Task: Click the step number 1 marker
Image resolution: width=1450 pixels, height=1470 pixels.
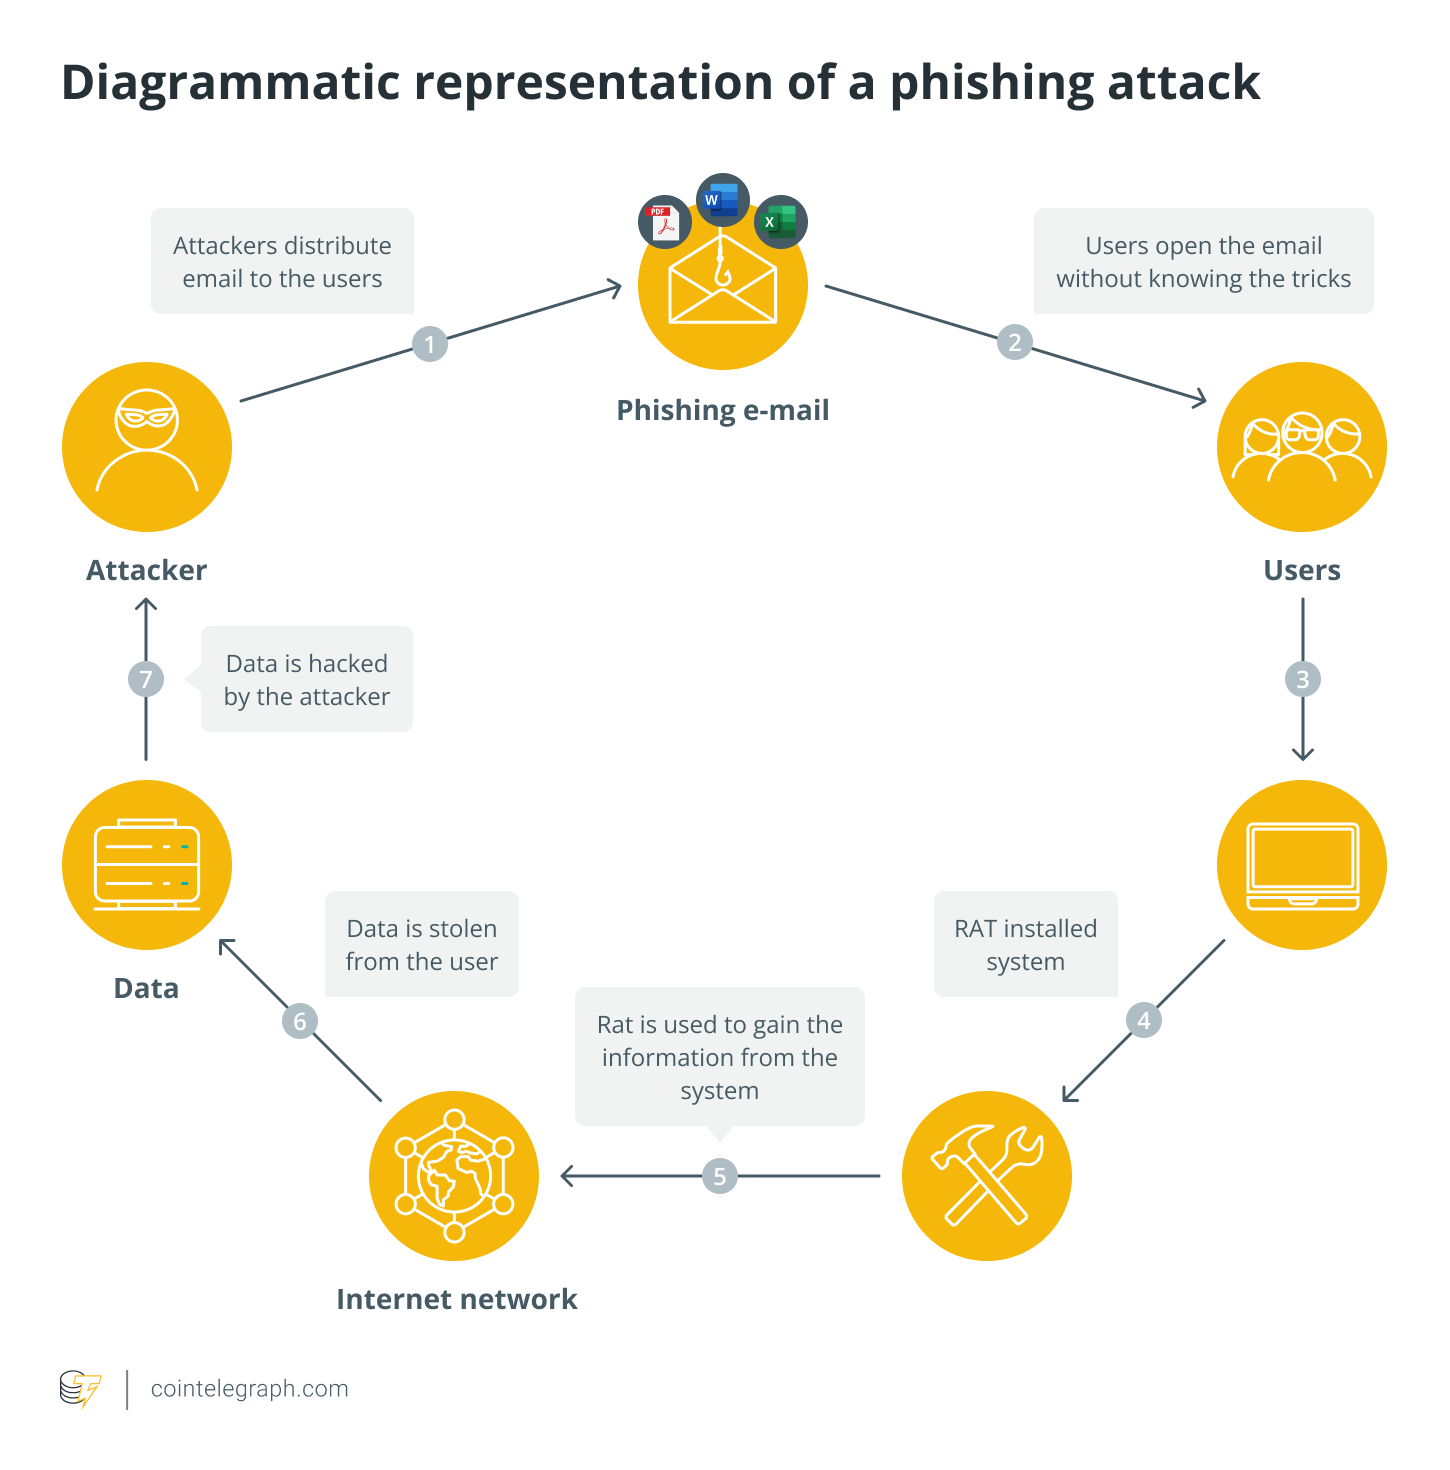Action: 430,345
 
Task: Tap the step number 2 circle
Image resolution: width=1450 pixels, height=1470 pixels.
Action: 1014,343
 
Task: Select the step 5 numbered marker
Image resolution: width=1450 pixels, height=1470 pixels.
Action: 719,1176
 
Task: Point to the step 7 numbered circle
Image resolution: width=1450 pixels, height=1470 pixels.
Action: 146,680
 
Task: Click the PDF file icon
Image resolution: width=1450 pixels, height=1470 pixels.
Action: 664,222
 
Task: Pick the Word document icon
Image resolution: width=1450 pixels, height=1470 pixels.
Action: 722,200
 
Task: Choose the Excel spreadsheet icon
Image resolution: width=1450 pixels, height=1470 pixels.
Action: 780,222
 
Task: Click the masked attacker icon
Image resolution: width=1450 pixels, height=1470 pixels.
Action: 147,447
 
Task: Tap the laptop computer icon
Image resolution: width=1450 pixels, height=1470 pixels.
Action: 1302,865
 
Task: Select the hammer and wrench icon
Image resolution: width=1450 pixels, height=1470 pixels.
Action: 987,1176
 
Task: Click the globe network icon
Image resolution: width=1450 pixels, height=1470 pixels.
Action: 454,1176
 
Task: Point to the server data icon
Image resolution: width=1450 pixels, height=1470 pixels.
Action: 147,865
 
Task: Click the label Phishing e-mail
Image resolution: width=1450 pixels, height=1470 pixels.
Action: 722,410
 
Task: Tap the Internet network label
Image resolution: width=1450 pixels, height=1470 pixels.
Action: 457,1299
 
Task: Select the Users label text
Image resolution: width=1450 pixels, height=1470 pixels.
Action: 1302,570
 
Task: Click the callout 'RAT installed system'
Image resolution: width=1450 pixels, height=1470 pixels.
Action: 1025,944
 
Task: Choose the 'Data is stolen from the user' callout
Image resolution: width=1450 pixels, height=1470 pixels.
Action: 421,944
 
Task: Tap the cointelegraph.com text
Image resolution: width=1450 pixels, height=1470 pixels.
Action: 249,1389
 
